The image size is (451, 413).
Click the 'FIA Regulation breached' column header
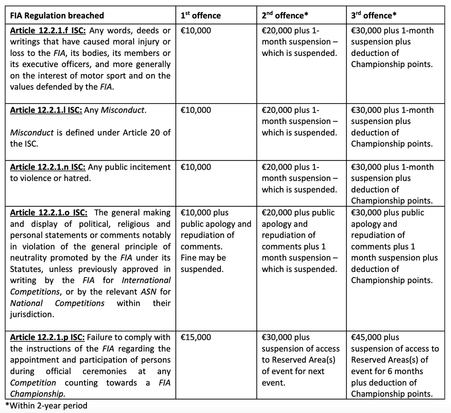click(x=57, y=16)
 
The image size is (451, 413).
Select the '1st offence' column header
click(x=200, y=15)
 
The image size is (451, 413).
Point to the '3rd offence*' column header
click(x=374, y=15)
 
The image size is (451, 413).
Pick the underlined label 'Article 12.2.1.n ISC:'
click(x=47, y=167)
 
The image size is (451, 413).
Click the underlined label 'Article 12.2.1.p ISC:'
click(x=47, y=338)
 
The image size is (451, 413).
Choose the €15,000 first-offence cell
click(x=196, y=338)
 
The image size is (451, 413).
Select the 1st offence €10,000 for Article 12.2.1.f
click(x=196, y=31)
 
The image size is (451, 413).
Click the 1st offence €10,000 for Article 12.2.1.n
click(x=196, y=167)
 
